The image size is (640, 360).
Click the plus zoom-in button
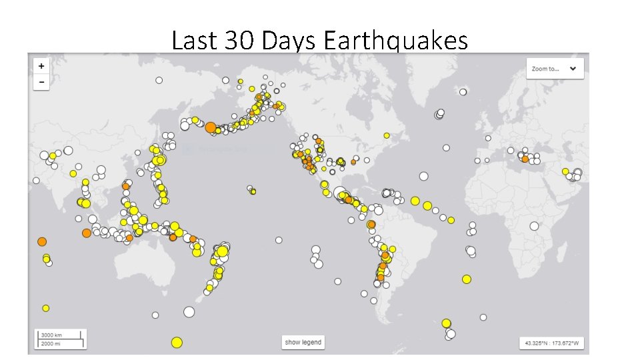point(41,66)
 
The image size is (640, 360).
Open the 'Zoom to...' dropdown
point(555,69)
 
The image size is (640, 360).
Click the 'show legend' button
point(303,343)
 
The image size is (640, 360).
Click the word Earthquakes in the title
point(396,41)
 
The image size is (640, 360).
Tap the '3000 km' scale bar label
point(51,335)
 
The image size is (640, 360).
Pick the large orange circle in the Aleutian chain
point(211,127)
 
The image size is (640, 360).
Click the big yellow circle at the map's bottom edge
point(177,343)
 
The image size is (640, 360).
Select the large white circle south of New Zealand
point(189,311)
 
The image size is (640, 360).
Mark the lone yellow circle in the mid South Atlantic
point(467,279)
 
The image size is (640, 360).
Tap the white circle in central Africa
point(534,226)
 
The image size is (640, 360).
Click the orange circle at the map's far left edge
point(42,241)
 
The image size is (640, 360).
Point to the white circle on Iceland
point(439,114)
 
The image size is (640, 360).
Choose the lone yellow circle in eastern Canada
point(387,135)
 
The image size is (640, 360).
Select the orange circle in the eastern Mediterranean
point(525,159)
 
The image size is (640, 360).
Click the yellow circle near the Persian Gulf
point(565,171)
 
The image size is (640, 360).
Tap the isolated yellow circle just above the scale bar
point(46,308)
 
